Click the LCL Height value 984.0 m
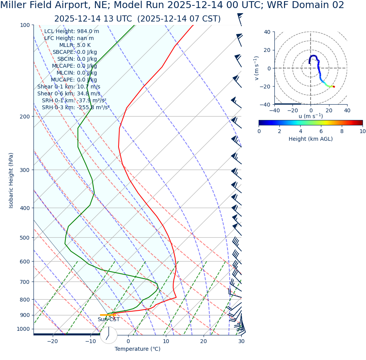pos(88,31)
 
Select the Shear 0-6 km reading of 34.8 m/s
pos(89,93)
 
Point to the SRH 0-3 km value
pos(93,107)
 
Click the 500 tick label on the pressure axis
pos(24,238)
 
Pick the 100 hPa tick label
pos(24,25)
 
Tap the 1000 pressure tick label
pos(23,329)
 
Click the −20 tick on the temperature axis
pos(52,341)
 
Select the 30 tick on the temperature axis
pos(241,341)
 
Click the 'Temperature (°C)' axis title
pos(137,349)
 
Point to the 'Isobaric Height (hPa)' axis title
pos(11,180)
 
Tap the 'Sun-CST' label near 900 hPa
pos(108,319)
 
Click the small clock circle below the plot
pos(109,335)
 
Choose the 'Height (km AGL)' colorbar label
pos(311,139)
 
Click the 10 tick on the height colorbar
pos(362,131)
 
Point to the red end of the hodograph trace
pos(334,87)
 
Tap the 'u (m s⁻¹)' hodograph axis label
pos(311,116)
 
